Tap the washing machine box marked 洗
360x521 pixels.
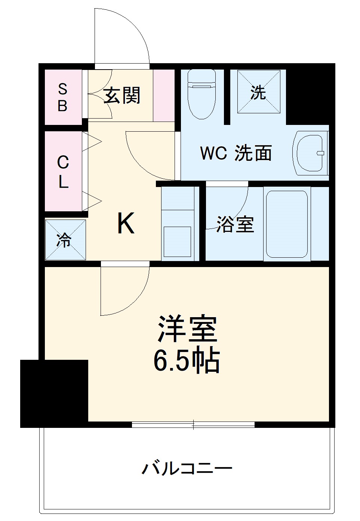point(258,92)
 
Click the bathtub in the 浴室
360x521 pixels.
point(286,224)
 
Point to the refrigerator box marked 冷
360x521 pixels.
point(65,240)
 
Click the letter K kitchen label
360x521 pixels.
point(126,223)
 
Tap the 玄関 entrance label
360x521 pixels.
point(122,95)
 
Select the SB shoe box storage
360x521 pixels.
point(63,97)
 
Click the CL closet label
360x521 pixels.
point(63,172)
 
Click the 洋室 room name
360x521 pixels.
point(187,329)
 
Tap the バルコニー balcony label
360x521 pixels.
point(187,468)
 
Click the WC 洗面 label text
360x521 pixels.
point(236,153)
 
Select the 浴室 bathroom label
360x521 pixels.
point(235,224)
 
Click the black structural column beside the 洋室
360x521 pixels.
point(54,393)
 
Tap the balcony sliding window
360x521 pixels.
point(193,425)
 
